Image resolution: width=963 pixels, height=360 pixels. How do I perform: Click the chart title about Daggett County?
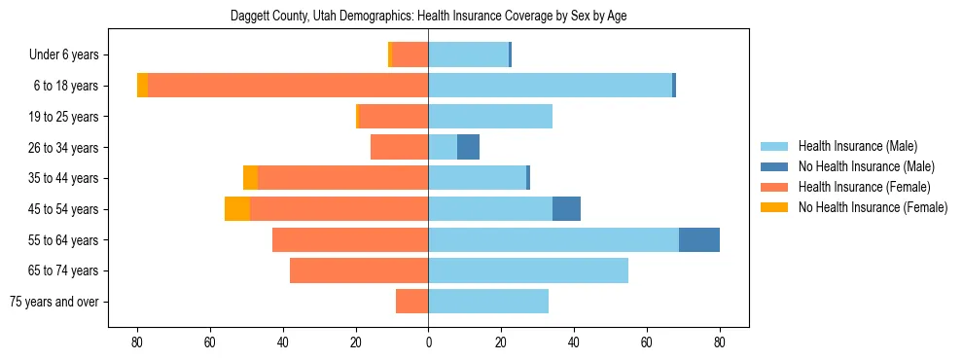click(x=428, y=18)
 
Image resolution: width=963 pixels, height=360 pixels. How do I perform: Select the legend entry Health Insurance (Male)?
click(x=857, y=146)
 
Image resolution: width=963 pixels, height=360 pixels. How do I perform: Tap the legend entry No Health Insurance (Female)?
click(x=873, y=207)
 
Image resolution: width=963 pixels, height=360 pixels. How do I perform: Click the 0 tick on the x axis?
click(x=428, y=342)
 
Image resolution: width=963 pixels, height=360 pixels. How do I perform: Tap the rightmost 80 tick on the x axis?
click(x=720, y=342)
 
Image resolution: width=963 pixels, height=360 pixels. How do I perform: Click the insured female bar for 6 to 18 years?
click(x=288, y=86)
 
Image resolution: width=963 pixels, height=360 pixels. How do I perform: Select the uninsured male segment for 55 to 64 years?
click(x=699, y=239)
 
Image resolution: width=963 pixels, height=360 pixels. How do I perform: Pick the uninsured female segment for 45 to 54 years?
click(x=237, y=209)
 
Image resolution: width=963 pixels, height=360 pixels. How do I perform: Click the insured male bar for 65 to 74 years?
click(x=528, y=270)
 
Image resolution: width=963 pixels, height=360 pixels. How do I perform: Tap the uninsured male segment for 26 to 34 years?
click(x=468, y=147)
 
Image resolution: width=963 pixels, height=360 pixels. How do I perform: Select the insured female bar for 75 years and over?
click(x=412, y=302)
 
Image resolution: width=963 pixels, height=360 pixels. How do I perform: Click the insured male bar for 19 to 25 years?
click(x=490, y=117)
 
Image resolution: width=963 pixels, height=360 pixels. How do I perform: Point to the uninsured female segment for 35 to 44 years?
click(x=251, y=178)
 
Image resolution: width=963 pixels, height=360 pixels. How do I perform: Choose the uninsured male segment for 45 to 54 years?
click(x=566, y=209)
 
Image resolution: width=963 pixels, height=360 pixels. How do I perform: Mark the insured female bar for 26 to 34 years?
click(x=400, y=147)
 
